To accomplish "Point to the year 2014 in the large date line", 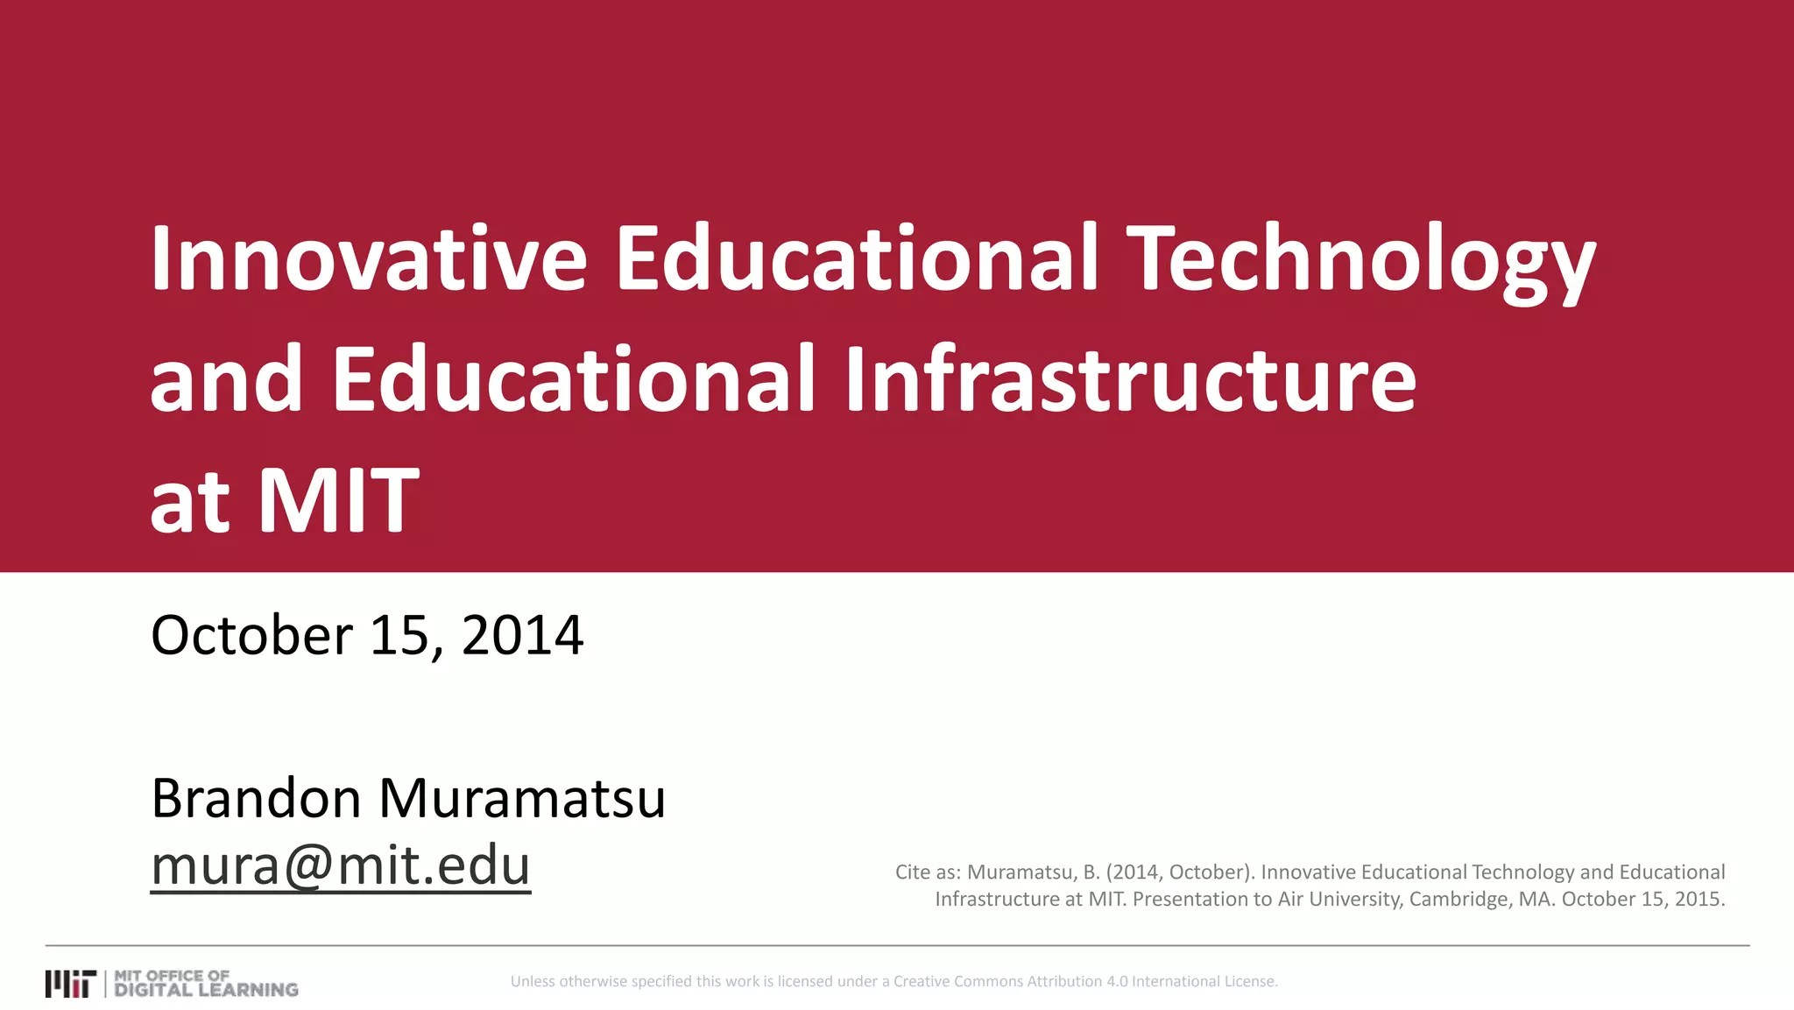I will coord(522,635).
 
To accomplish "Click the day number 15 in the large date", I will coord(399,635).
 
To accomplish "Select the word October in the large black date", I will coord(252,635).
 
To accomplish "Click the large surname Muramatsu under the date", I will coord(522,798).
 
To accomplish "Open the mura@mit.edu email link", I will coord(341,865).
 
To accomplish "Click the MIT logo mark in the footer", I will coord(70,984).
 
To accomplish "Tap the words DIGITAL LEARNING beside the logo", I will coord(207,990).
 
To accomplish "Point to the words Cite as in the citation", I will coord(928,872).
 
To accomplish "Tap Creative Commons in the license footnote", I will coord(958,982).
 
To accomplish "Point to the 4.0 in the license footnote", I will coord(1117,982).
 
